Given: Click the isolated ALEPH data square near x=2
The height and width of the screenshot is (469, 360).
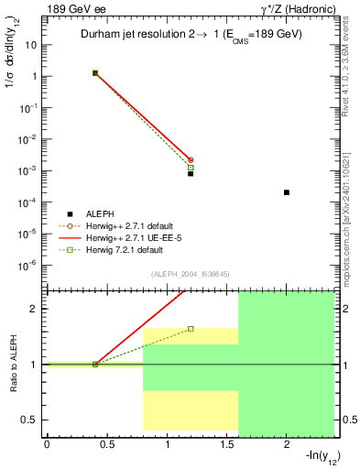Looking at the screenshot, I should (x=287, y=192).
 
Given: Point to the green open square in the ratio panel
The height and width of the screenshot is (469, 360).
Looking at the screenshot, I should (x=191, y=329).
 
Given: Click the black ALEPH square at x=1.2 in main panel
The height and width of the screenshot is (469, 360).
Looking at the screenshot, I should (x=191, y=172).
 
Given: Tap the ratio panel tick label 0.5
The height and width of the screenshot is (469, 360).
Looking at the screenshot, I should (x=28, y=420).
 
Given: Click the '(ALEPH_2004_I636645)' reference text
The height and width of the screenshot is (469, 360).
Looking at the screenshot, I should (x=190, y=273).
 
